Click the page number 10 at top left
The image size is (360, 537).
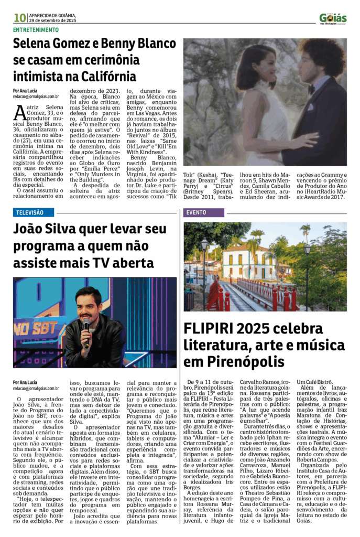pos(19,18)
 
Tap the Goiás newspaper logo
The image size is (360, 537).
pos(333,19)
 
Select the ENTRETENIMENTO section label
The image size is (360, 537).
pos(36,30)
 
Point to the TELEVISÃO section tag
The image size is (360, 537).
pos(35,213)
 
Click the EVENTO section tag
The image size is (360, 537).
pos(197,213)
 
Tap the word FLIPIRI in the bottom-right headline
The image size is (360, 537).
pos(205,329)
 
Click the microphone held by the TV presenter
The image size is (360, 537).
pos(86,325)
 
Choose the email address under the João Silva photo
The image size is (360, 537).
pos(36,389)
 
